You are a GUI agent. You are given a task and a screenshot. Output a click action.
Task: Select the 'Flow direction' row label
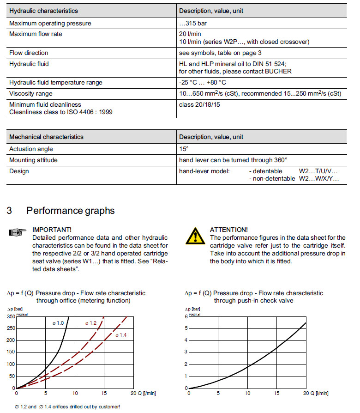(x=29, y=53)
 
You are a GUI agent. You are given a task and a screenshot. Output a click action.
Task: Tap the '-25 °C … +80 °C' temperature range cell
(x=203, y=82)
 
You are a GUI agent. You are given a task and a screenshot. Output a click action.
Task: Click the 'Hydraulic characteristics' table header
(x=43, y=11)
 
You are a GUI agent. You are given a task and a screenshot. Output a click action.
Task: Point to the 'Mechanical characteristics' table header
(x=46, y=137)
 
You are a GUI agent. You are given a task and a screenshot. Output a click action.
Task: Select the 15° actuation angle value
(x=184, y=149)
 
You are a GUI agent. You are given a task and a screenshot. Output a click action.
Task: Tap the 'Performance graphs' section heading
(x=70, y=211)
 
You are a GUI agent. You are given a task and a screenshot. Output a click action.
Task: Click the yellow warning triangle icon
(x=195, y=236)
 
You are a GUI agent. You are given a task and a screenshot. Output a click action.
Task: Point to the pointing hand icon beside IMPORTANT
(x=18, y=232)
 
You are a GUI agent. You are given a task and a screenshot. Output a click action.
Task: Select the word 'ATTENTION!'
(x=228, y=230)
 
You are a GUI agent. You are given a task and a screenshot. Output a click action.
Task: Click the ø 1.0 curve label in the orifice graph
(x=58, y=322)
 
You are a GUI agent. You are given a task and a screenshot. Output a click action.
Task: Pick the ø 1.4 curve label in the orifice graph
(x=120, y=334)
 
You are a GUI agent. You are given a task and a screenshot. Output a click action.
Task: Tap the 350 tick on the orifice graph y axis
(x=10, y=316)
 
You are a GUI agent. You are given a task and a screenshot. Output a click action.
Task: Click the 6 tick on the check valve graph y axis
(x=186, y=316)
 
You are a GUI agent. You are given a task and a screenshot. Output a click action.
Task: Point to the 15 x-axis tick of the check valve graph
(x=276, y=393)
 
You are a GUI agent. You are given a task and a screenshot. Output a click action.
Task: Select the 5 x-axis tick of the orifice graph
(x=45, y=393)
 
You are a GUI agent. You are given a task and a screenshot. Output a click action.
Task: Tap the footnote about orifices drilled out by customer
(x=67, y=407)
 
